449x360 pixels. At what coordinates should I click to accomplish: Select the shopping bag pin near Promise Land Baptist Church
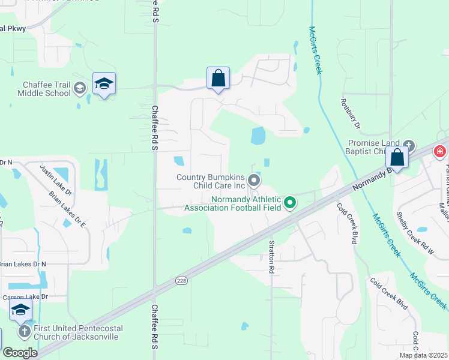[397, 158]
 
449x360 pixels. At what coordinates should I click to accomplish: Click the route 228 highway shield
[181, 280]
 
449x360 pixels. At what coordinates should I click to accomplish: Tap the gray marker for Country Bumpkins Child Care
[254, 180]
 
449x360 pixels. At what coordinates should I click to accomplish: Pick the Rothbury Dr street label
[350, 114]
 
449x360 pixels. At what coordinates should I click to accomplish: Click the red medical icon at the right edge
[441, 151]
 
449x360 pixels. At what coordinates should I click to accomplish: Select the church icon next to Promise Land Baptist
[409, 145]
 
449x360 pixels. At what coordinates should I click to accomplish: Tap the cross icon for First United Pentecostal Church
[25, 331]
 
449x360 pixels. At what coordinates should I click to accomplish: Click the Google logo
[20, 352]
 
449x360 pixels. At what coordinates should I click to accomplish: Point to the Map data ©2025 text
[423, 355]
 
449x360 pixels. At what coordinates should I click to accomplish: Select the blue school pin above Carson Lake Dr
[21, 311]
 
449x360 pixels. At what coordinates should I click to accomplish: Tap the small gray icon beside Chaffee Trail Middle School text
[79, 89]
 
